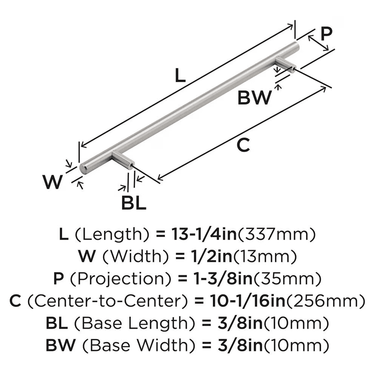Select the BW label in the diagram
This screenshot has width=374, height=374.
click(x=254, y=98)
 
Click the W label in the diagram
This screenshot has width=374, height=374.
click(x=52, y=182)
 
